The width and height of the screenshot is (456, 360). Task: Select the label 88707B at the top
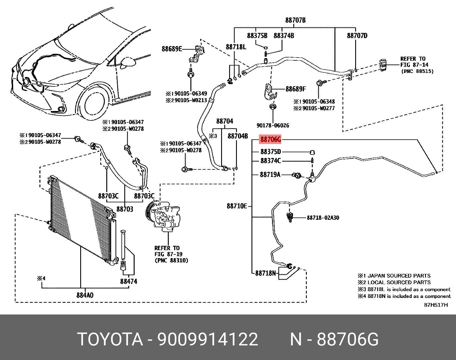pos(295,20)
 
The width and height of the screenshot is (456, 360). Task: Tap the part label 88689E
pos(172,49)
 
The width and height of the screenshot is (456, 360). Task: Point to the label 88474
pos(129,282)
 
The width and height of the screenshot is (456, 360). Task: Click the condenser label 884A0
pos(84,295)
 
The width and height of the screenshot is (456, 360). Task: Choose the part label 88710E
pos(237,206)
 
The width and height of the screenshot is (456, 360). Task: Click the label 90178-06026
pos(273,125)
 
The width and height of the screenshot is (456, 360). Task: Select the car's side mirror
pos(128,62)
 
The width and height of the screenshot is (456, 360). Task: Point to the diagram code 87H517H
pos(436,305)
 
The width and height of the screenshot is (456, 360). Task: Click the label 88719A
pos(270,174)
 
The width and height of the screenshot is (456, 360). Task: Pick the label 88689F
pos(295,89)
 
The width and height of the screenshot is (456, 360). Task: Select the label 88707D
pos(357,35)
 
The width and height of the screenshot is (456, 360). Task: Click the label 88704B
pos(237,136)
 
